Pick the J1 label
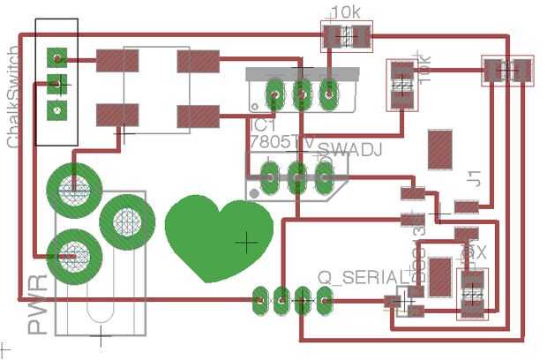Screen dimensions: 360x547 point(474,178)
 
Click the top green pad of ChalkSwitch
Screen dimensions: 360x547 point(57,58)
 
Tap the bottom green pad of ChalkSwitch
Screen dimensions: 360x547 point(57,111)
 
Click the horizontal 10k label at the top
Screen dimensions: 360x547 point(345,12)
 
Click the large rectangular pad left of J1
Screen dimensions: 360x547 point(438,148)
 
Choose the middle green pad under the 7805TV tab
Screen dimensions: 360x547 point(302,93)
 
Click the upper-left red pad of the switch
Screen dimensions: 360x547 point(117,61)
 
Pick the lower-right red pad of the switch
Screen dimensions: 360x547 point(198,116)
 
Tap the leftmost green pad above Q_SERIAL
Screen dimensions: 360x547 point(259,301)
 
